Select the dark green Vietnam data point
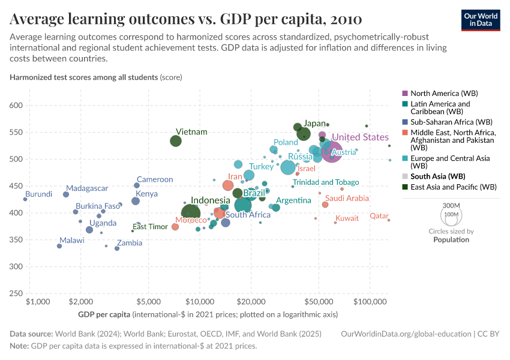click(176, 141)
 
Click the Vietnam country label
click(191, 132)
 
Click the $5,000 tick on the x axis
click(148, 300)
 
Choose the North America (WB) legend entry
click(444, 94)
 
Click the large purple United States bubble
click(332, 152)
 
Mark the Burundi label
click(38, 194)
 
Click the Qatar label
click(379, 216)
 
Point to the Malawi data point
click(59, 246)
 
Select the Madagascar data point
click(66, 194)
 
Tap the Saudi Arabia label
click(347, 198)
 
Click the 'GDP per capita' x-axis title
click(104, 314)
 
